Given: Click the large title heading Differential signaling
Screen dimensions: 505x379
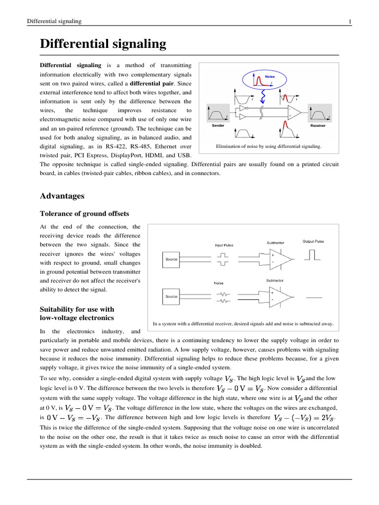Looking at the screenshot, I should (x=103, y=44).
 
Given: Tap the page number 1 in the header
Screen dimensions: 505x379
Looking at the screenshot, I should (x=350, y=21).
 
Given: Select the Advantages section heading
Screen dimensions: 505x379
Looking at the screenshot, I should (x=62, y=196).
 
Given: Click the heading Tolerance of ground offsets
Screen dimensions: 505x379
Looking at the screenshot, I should (x=84, y=214).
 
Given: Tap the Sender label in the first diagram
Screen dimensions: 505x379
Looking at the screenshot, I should (x=218, y=126).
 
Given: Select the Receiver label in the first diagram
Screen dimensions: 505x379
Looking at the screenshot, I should (x=317, y=126).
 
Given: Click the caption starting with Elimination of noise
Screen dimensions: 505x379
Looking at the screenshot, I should (x=268, y=146).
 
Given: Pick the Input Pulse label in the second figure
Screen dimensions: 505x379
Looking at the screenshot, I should (x=224, y=245).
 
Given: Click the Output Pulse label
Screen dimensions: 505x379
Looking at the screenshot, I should (x=313, y=241).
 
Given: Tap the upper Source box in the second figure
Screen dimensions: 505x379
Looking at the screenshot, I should (x=171, y=259).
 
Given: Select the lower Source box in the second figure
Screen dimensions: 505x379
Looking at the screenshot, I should (x=171, y=296).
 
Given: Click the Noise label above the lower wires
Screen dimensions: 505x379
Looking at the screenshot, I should (x=218, y=283).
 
